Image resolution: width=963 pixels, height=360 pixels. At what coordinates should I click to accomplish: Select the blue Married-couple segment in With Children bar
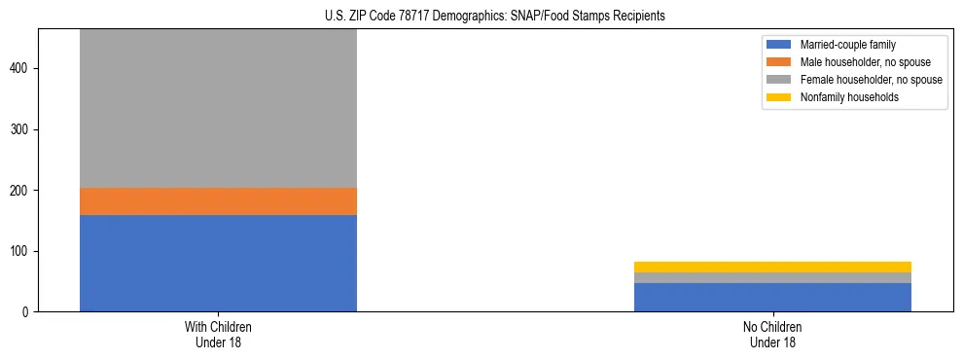pos(218,263)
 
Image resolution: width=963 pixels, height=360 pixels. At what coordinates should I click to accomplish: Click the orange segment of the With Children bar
pos(218,201)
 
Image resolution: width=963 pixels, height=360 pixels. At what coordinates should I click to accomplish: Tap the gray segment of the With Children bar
pos(218,108)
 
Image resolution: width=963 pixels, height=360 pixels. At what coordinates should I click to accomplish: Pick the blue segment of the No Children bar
pos(772,297)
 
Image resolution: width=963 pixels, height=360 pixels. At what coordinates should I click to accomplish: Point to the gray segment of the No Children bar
pos(772,278)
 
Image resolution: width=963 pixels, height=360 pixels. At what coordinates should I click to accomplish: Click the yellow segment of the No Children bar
pos(772,267)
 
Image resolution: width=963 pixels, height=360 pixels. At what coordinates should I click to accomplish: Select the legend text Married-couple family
pos(848,45)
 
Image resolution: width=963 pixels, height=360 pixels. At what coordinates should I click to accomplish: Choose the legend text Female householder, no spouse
pos(871,80)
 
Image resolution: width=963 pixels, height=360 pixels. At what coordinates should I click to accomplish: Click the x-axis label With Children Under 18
pos(218,334)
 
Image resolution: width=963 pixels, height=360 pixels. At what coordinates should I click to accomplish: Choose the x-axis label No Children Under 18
pos(772,334)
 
